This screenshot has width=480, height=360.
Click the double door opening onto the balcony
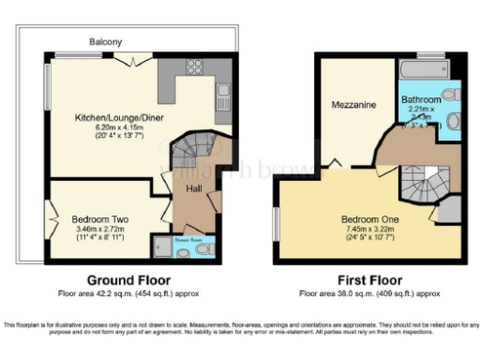click(136, 58)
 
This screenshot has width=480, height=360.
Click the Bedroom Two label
click(100, 219)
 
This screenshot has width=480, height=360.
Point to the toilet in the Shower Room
click(182, 251)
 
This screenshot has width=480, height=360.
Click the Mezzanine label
click(353, 105)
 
